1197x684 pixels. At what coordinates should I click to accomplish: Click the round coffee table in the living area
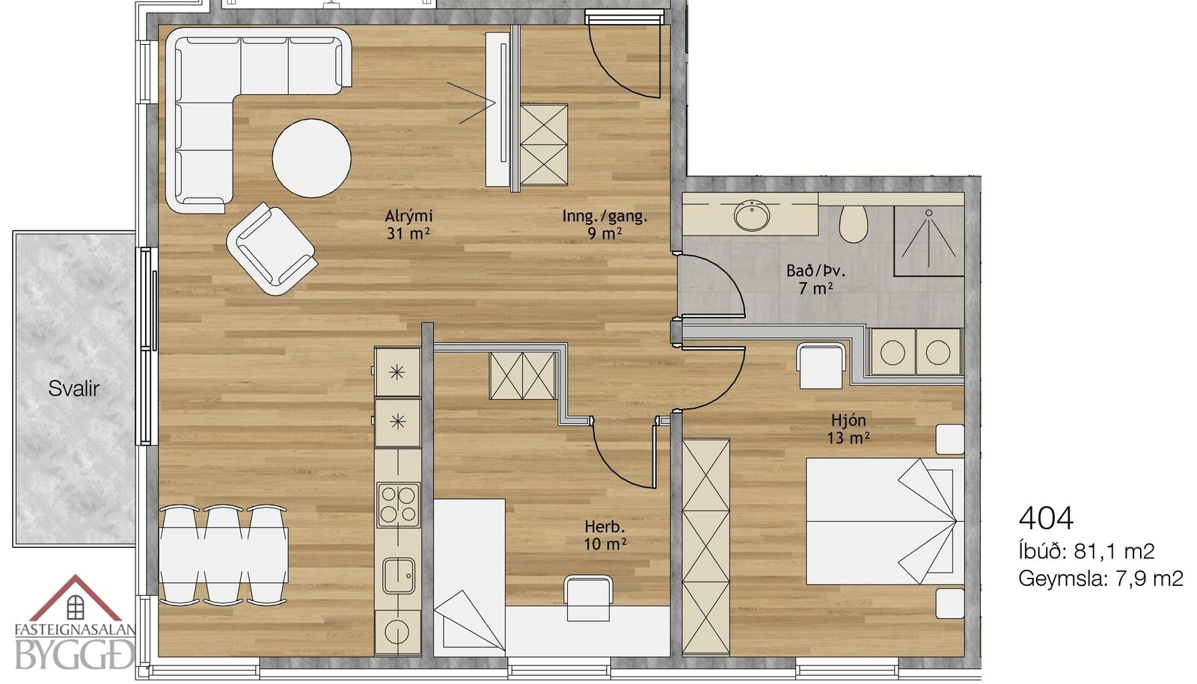pyautogui.click(x=311, y=158)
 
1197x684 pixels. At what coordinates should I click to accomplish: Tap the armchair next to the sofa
pyautogui.click(x=272, y=249)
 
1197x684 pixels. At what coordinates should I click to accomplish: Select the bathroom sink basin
pyautogui.click(x=752, y=216)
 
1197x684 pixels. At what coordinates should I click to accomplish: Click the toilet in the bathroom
pyautogui.click(x=853, y=224)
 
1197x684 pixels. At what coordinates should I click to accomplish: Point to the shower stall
pyautogui.click(x=928, y=241)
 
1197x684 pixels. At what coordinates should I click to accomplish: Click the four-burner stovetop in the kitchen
pyautogui.click(x=398, y=505)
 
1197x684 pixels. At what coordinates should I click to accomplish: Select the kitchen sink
pyautogui.click(x=399, y=576)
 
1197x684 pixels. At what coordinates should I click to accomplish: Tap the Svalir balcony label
pyautogui.click(x=74, y=389)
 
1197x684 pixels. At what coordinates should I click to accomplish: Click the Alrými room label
pyautogui.click(x=408, y=216)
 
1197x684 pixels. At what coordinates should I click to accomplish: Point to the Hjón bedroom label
pyautogui.click(x=848, y=420)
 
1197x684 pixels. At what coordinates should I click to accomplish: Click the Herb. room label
pyautogui.click(x=605, y=527)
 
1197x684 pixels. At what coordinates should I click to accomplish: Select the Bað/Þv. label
pyautogui.click(x=816, y=271)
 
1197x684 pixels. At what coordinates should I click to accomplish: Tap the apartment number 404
pyautogui.click(x=1046, y=517)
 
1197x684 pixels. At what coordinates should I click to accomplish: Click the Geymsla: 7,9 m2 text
pyautogui.click(x=1100, y=579)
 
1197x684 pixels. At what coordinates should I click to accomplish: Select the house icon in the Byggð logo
pyautogui.click(x=76, y=598)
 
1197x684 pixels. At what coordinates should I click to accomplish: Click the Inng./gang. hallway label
pyautogui.click(x=605, y=216)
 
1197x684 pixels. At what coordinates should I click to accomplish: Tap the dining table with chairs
pyautogui.click(x=224, y=555)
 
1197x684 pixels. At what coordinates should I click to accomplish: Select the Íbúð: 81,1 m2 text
pyautogui.click(x=1087, y=551)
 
